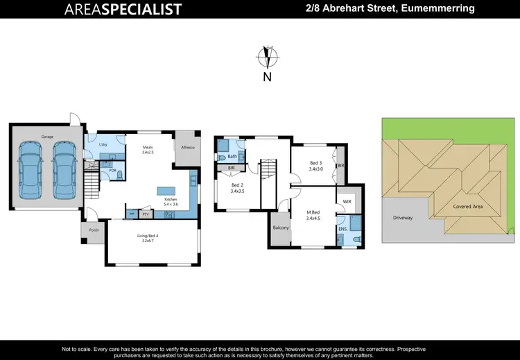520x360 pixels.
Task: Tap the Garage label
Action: pyautogui.click(x=46, y=137)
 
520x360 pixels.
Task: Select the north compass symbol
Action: pyautogui.click(x=266, y=56)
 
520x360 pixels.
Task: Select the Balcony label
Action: pyautogui.click(x=280, y=227)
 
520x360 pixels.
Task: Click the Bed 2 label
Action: pyautogui.click(x=237, y=185)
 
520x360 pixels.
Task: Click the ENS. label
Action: pyautogui.click(x=343, y=228)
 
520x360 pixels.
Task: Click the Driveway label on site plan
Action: pyautogui.click(x=403, y=217)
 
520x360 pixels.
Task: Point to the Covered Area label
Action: pyautogui.click(x=468, y=206)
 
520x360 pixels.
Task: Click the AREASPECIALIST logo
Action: pyautogui.click(x=123, y=9)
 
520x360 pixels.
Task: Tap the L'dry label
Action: pyautogui.click(x=103, y=144)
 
